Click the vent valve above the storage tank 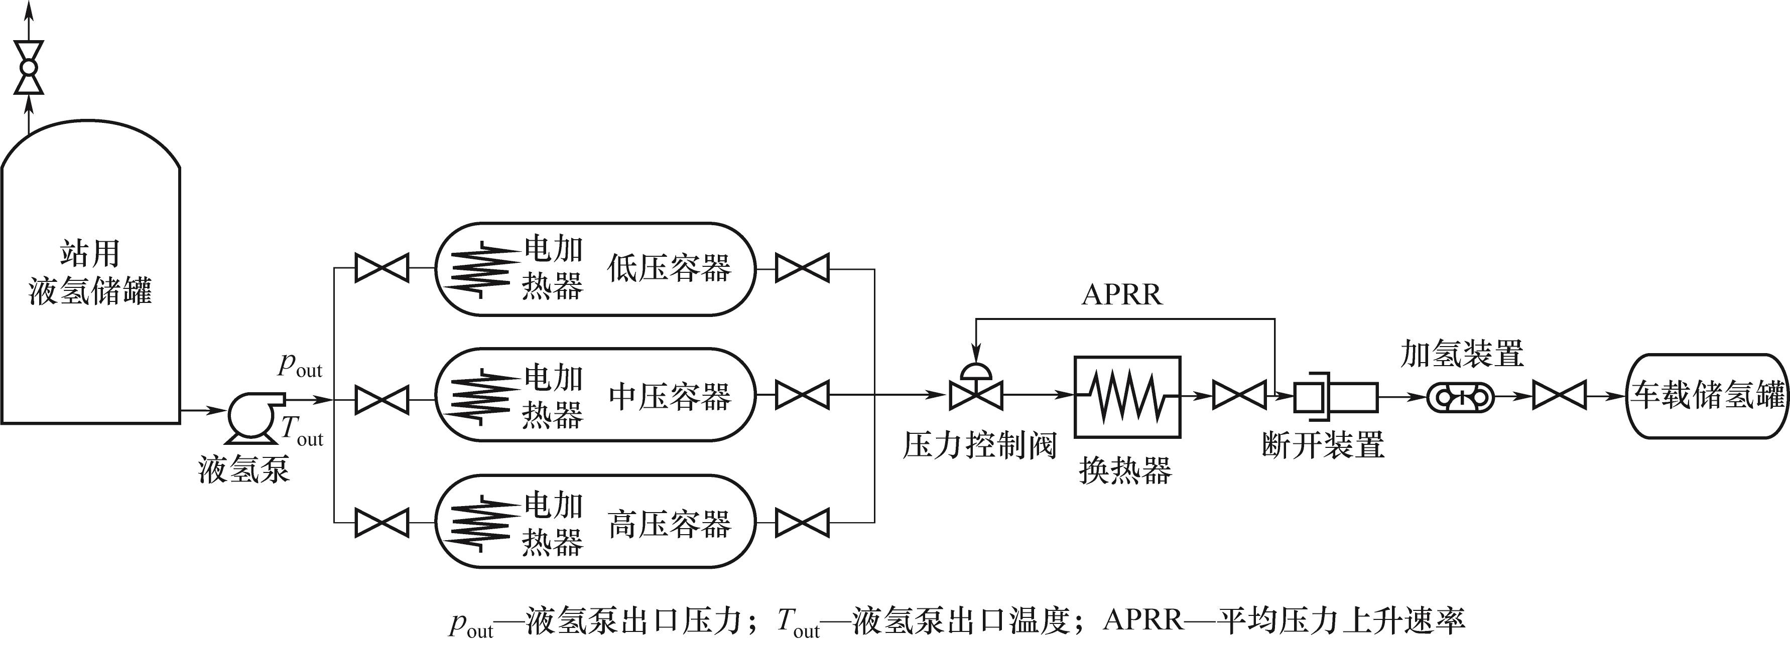click(x=29, y=67)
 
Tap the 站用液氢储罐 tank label click(x=90, y=272)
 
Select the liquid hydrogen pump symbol click(x=251, y=415)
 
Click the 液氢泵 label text click(x=244, y=469)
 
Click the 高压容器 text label click(x=670, y=524)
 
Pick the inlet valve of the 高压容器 click(x=381, y=522)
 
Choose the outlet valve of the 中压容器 click(x=802, y=395)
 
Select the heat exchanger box click(x=1127, y=397)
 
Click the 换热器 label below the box click(x=1126, y=470)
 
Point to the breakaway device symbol click(x=1334, y=397)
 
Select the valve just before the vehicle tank click(x=1559, y=395)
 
